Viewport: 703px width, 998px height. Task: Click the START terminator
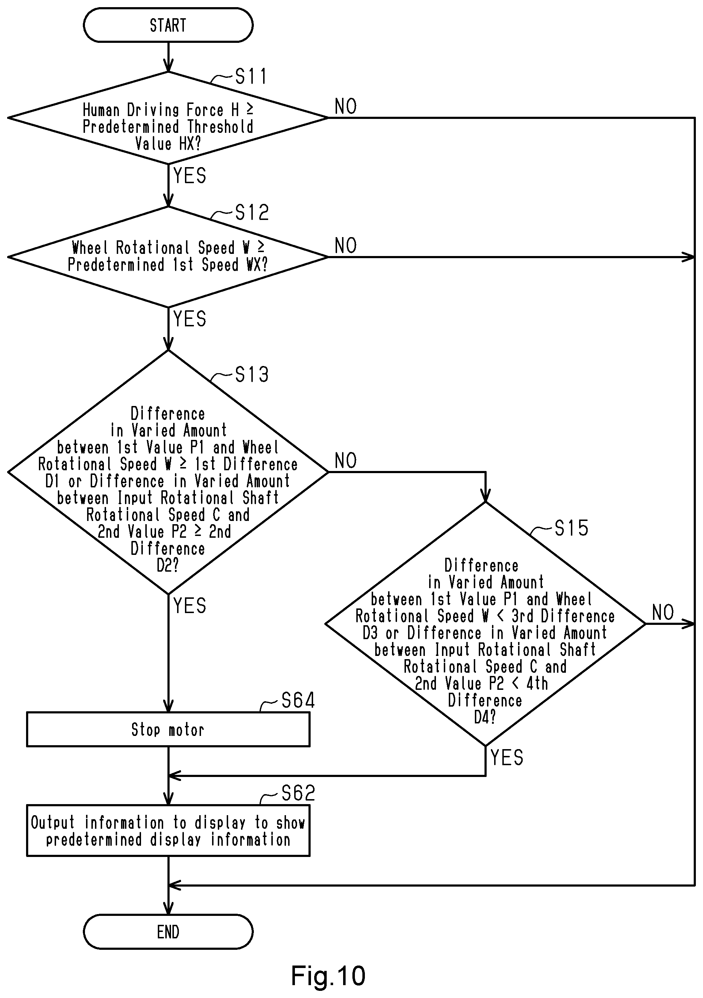click(168, 25)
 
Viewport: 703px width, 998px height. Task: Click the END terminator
click(168, 932)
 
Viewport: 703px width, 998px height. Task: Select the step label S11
click(251, 76)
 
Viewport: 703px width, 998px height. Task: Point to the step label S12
click(252, 212)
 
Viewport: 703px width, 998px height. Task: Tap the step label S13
click(252, 374)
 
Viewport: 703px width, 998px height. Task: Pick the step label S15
click(571, 528)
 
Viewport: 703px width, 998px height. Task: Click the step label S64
click(298, 700)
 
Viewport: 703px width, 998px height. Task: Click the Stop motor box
click(168, 729)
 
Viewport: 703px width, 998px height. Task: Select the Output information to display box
click(168, 831)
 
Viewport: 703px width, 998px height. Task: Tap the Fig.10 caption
click(328, 976)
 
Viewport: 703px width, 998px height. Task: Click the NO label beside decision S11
click(346, 106)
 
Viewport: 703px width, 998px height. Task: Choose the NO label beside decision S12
click(346, 246)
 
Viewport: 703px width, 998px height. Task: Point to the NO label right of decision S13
click(346, 461)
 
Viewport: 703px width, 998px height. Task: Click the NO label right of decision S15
click(663, 613)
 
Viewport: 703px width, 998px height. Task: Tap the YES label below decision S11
click(190, 176)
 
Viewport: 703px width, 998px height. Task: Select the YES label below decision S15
click(507, 758)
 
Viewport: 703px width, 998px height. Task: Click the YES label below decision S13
click(190, 606)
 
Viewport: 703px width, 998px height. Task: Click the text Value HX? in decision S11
click(168, 144)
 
